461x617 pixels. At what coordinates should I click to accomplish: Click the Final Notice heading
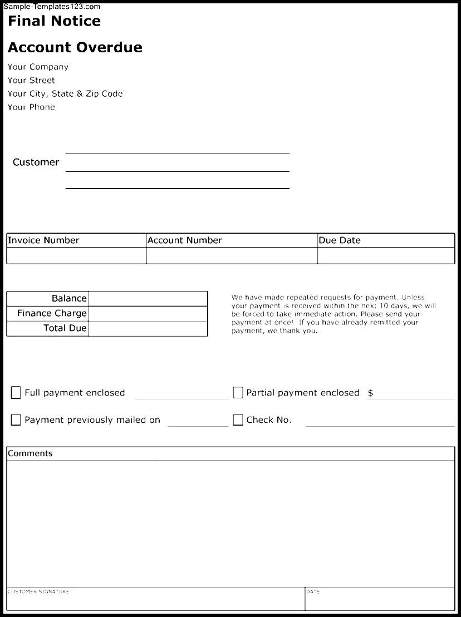click(x=54, y=22)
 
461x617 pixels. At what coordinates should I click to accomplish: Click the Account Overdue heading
click(x=75, y=48)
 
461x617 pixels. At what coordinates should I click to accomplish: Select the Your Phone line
click(x=31, y=107)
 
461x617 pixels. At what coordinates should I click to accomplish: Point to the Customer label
click(x=36, y=162)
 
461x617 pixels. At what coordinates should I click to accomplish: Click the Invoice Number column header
click(x=43, y=240)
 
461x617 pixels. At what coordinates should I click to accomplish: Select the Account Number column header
click(x=184, y=240)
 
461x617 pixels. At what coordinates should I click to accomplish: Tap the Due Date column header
click(x=340, y=240)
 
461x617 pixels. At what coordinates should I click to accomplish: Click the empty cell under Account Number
click(x=232, y=256)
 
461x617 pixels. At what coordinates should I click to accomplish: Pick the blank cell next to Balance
click(x=148, y=299)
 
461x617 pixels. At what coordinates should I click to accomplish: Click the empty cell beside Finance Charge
click(x=148, y=314)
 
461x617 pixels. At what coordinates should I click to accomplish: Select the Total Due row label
click(x=65, y=328)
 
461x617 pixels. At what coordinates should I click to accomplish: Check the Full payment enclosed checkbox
click(x=16, y=393)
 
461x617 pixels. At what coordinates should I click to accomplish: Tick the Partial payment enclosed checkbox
click(x=238, y=393)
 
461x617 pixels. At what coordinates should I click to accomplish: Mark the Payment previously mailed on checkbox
click(x=16, y=420)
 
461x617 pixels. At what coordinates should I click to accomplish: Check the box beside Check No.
click(x=238, y=420)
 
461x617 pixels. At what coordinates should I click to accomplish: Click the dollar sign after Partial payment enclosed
click(x=370, y=393)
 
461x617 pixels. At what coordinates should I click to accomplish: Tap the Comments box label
click(x=30, y=453)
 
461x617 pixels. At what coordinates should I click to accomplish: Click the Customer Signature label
click(x=38, y=591)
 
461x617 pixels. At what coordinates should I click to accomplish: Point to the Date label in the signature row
click(x=313, y=591)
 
